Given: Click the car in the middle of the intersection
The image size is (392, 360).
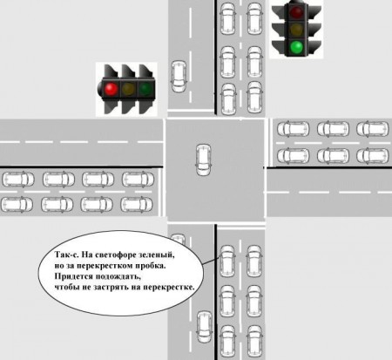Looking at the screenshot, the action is click(204, 160).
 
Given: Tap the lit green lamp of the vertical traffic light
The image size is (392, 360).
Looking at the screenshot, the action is click(297, 47).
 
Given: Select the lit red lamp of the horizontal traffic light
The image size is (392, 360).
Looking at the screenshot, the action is click(111, 89).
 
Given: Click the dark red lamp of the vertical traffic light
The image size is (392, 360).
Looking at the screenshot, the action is click(297, 12).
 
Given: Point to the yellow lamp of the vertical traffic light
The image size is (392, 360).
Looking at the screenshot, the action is click(297, 30).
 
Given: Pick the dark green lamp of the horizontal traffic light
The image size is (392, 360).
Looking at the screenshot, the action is click(145, 89).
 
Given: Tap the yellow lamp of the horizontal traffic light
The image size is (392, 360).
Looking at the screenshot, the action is click(128, 89).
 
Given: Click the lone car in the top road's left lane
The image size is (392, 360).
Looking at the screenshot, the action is click(179, 77).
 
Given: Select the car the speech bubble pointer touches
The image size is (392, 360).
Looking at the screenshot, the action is click(227, 262).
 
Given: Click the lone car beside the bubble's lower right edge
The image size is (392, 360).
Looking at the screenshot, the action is click(205, 327).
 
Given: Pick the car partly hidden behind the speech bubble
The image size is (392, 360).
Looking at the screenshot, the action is click(179, 239).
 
